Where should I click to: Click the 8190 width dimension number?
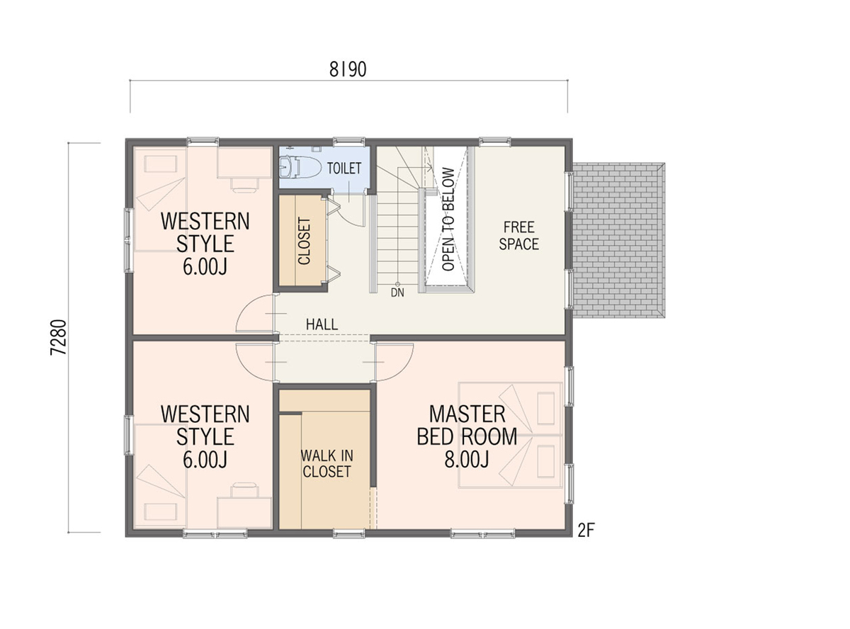click(x=348, y=69)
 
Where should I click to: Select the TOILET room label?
click(x=344, y=169)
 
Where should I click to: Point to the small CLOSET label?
click(x=304, y=241)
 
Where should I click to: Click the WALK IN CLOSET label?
click(x=327, y=463)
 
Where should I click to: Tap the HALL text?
click(x=322, y=324)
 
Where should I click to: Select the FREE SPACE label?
click(x=519, y=235)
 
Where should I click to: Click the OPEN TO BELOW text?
click(x=448, y=220)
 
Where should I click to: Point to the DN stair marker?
click(x=397, y=293)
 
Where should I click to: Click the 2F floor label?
click(x=586, y=531)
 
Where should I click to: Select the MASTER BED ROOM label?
click(x=467, y=426)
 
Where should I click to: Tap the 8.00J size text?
click(x=466, y=459)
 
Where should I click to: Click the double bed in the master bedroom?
click(x=511, y=435)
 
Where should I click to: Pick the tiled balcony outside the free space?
click(x=618, y=240)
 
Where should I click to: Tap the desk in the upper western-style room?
click(x=244, y=164)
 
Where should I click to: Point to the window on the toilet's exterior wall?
click(x=348, y=142)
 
